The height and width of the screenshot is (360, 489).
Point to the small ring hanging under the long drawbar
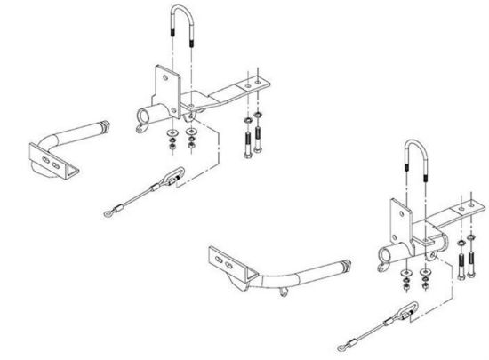coord(282,291)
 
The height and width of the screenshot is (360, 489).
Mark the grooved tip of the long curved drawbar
coord(342,265)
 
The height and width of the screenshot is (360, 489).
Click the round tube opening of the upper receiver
coord(144,117)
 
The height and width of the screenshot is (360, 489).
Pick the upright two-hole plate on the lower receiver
coord(399,219)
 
